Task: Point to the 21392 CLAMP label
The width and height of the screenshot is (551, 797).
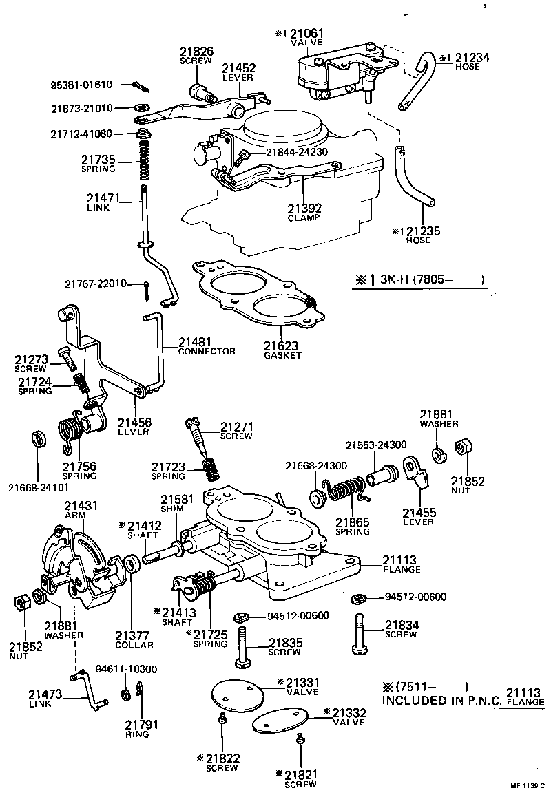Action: pos(304,212)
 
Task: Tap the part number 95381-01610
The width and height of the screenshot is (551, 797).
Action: pos(81,85)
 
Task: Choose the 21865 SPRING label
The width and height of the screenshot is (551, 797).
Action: pos(352,526)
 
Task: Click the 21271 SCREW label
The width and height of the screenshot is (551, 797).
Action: pos(236,431)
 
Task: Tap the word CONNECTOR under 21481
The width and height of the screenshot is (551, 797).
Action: pos(206,351)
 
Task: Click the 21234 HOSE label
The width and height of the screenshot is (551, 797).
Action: pos(472,62)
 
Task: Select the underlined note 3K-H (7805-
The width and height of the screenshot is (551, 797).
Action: pos(420,279)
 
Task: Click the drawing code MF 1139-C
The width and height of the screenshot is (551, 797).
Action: pos(527,785)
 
